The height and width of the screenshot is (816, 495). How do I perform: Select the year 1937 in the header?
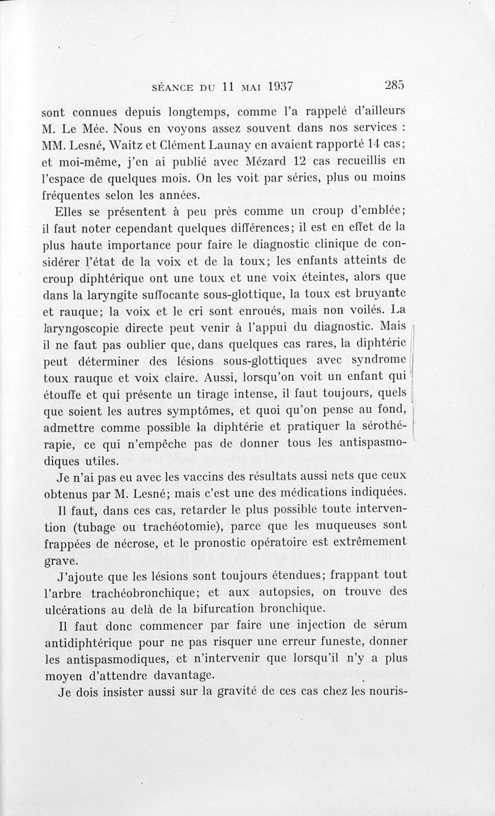273,87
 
